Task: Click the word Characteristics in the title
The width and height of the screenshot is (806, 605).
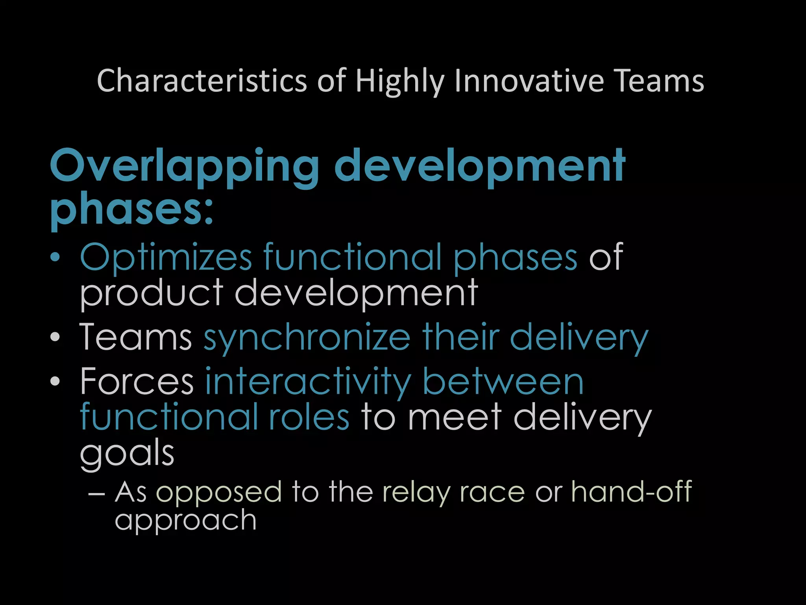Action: click(201, 81)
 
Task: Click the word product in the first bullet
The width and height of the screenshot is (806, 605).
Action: click(152, 293)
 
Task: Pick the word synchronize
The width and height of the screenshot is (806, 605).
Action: click(307, 338)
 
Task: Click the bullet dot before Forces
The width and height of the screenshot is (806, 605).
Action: click(55, 381)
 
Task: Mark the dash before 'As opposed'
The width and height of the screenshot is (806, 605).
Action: click(96, 493)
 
